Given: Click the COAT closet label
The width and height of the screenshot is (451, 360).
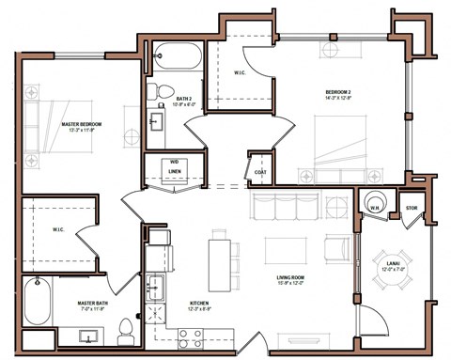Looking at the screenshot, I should coord(258,171).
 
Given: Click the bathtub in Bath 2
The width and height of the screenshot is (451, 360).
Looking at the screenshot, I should coord(175,58).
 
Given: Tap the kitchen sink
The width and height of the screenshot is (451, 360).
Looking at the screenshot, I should coord(156,290).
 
